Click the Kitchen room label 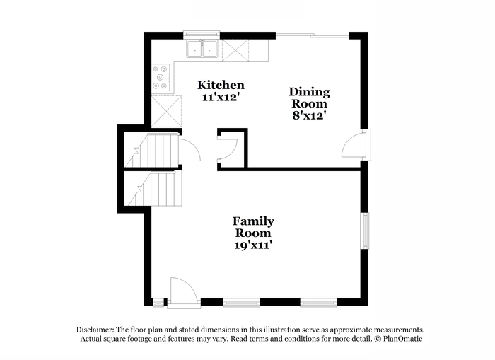point(221,86)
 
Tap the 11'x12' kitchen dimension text point(219,98)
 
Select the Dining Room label point(309,98)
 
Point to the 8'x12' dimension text point(309,115)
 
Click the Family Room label point(253,227)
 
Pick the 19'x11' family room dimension point(253,245)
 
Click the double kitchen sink point(202,49)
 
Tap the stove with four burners point(161,77)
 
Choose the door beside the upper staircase point(190,151)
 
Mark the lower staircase point(153,188)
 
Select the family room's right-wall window point(366,231)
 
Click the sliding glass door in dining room point(313,35)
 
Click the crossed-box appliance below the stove point(167,111)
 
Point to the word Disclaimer point(95,330)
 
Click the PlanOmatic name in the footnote point(403,339)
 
